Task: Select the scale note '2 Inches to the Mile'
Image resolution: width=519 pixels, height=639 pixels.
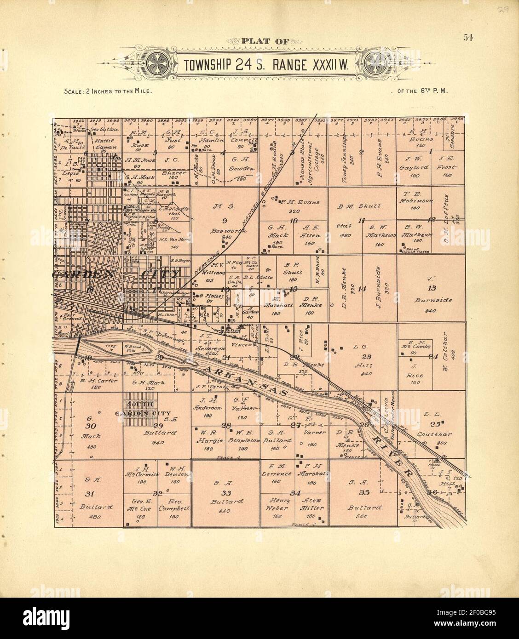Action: click(x=108, y=91)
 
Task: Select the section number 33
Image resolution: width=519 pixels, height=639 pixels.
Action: click(x=225, y=493)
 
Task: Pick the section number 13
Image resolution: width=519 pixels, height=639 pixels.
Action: click(x=431, y=288)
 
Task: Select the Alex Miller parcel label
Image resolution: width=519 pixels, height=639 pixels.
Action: click(x=312, y=505)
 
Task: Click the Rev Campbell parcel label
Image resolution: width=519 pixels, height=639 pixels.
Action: click(x=175, y=505)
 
